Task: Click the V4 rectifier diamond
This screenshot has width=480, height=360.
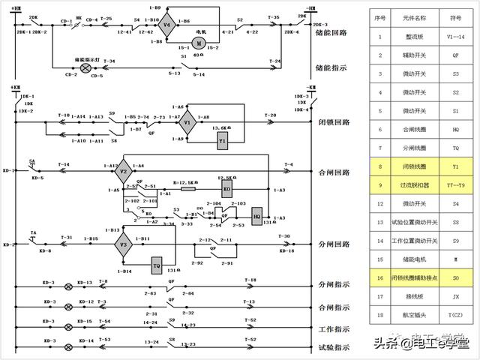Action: point(167,25)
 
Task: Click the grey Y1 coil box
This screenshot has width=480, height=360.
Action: point(223,140)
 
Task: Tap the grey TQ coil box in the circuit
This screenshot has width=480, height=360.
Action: point(157,266)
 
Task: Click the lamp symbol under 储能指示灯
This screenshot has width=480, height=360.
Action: point(85,68)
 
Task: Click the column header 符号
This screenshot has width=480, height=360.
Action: point(457,15)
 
